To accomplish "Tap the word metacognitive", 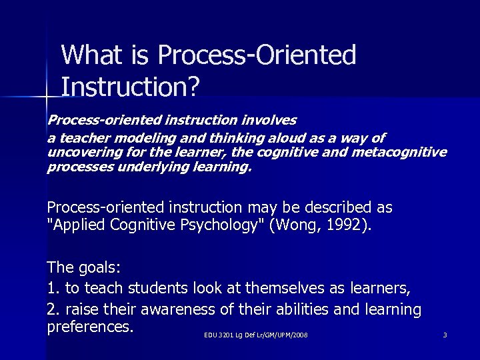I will tap(403, 153).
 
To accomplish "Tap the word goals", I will tap(97, 268).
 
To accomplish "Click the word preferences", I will tap(91, 328).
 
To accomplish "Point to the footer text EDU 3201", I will tap(217, 335).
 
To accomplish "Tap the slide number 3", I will tap(445, 335).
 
